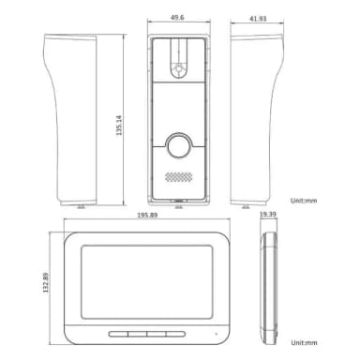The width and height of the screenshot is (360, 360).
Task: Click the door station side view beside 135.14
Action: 73,117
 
